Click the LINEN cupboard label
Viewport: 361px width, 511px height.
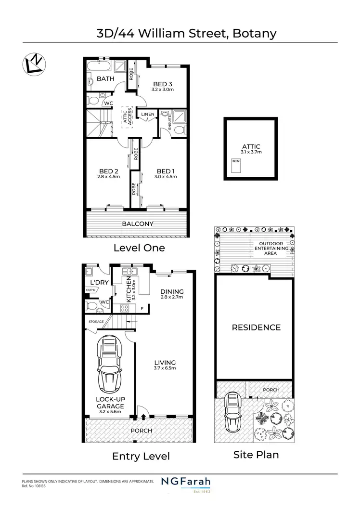click(x=148, y=114)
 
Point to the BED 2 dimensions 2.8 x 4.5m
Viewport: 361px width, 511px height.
click(x=109, y=177)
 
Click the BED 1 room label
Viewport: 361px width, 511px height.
click(x=166, y=171)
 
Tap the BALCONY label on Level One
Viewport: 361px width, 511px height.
click(x=138, y=223)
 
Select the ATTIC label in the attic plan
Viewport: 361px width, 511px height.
click(x=251, y=146)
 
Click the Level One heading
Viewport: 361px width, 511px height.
click(x=139, y=248)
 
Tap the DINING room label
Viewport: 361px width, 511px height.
click(x=172, y=291)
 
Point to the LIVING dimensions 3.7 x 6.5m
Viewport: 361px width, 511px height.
click(x=165, y=368)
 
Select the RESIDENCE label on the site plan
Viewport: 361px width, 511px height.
click(x=256, y=328)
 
